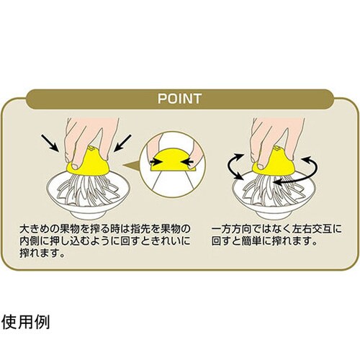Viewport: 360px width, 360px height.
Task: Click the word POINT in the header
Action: coord(179,99)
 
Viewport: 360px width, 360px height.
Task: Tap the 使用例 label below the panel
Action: coord(26,321)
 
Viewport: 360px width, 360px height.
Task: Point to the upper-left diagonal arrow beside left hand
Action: coord(50,143)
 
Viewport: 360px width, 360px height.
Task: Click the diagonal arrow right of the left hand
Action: coord(122,143)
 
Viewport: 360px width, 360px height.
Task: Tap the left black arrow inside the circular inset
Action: coord(155,162)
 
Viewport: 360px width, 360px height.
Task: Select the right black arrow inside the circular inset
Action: coord(186,162)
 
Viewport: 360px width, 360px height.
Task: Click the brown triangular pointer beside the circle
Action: coord(131,165)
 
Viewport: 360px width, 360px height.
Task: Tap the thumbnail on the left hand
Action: coord(76,166)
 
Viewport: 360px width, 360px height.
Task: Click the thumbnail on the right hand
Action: coord(261,166)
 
